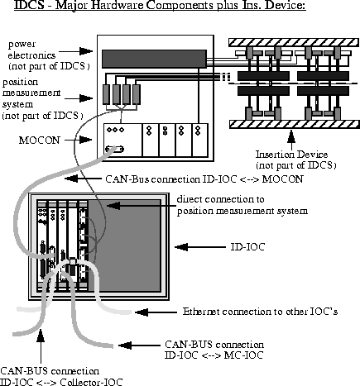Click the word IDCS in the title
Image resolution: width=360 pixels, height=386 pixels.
point(18,7)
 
